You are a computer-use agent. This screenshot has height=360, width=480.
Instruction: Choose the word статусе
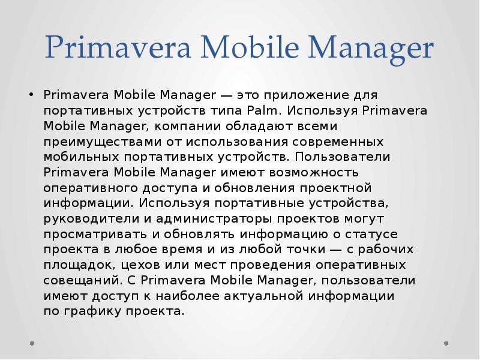372,235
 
